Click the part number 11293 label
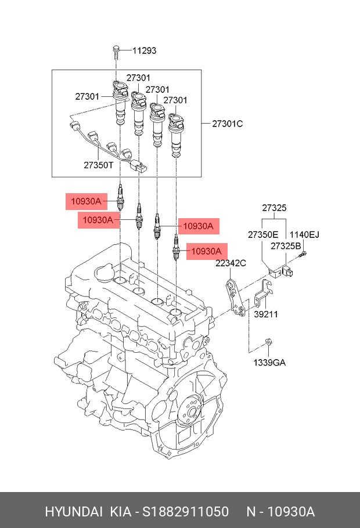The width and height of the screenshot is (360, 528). pos(144,50)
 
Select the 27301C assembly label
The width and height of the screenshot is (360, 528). pos(227,124)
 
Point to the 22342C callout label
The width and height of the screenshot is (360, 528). pos(231,263)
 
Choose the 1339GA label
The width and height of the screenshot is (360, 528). pos(269,363)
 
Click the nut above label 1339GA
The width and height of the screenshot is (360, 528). pos(268,343)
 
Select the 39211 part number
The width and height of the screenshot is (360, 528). pos(266,314)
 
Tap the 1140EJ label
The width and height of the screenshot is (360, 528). pos(304,234)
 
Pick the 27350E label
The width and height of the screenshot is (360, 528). pos(263,234)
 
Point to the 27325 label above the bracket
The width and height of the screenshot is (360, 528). pos(273,208)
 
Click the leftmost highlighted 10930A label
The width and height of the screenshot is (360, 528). pos(86,202)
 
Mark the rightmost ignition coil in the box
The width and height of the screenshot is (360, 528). pos(176,135)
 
